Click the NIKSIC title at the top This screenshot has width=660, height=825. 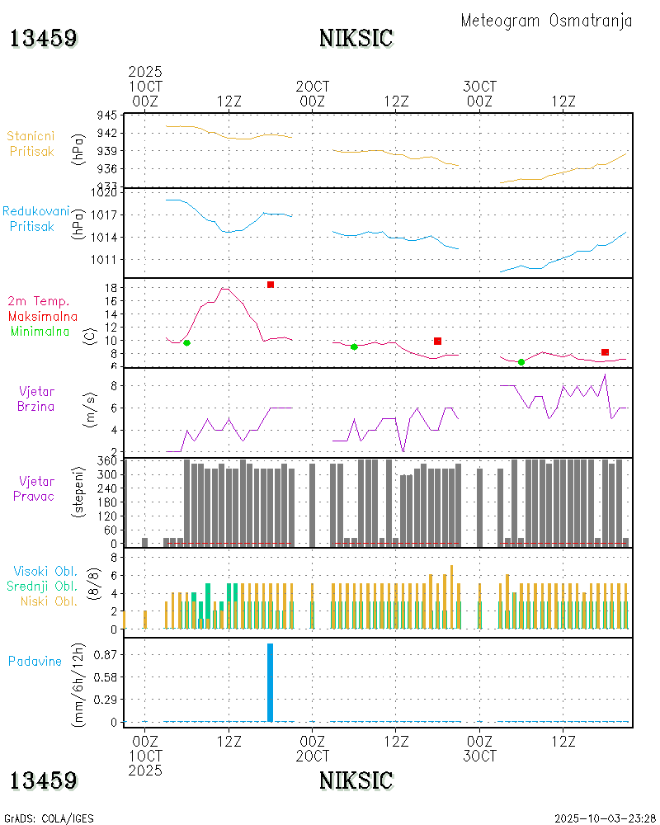coord(356,38)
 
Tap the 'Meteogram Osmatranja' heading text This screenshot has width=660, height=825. coord(546,21)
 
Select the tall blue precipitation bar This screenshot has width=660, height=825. coord(270,681)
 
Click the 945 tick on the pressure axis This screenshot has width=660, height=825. coord(107,115)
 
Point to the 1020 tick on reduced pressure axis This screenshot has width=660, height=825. coord(105,192)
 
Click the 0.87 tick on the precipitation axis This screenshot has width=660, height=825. coord(105,654)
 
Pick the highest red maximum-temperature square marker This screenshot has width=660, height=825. coord(270,285)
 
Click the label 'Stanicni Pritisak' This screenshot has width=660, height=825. coord(32,143)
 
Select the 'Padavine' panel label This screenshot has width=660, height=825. coord(35,661)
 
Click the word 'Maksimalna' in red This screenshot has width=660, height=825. coord(43,316)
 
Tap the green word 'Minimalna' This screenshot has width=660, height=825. coord(40,331)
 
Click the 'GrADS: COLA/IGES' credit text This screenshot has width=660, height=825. coord(49,818)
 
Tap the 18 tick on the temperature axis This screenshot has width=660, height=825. coord(109,287)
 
